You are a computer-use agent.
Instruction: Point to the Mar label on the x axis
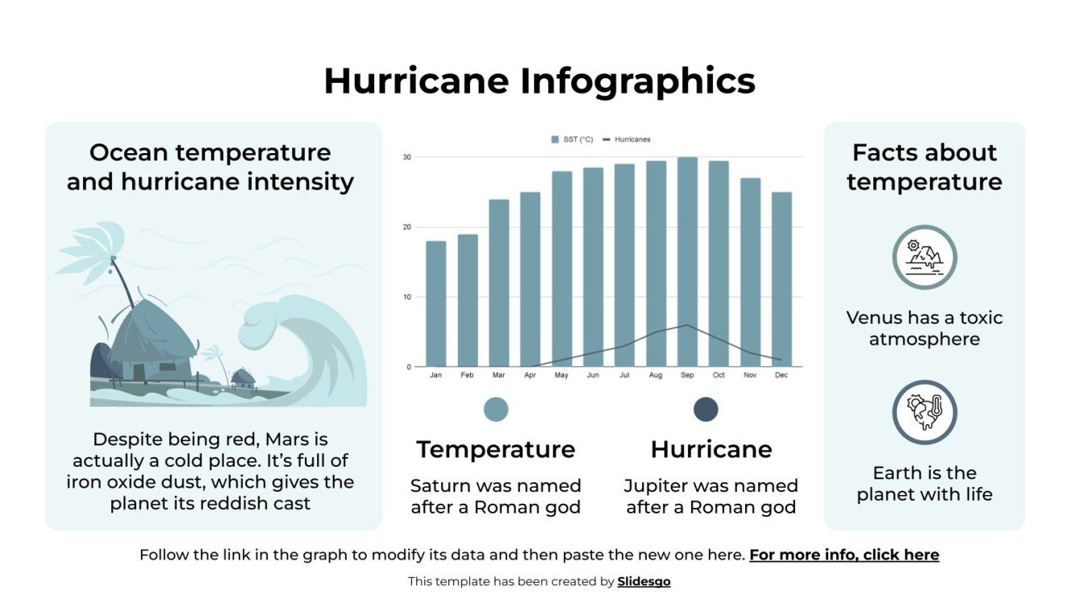click(498, 375)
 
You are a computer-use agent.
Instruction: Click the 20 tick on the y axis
click(407, 227)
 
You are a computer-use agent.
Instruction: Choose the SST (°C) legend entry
click(573, 139)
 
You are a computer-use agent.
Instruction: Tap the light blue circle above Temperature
click(496, 410)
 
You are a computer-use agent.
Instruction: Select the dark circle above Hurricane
click(706, 410)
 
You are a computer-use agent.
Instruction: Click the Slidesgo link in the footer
click(644, 581)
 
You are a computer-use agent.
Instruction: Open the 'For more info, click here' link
click(844, 555)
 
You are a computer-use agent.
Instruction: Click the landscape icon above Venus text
click(924, 257)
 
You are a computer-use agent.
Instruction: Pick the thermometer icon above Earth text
click(924, 412)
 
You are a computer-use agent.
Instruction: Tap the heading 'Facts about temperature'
click(924, 167)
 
